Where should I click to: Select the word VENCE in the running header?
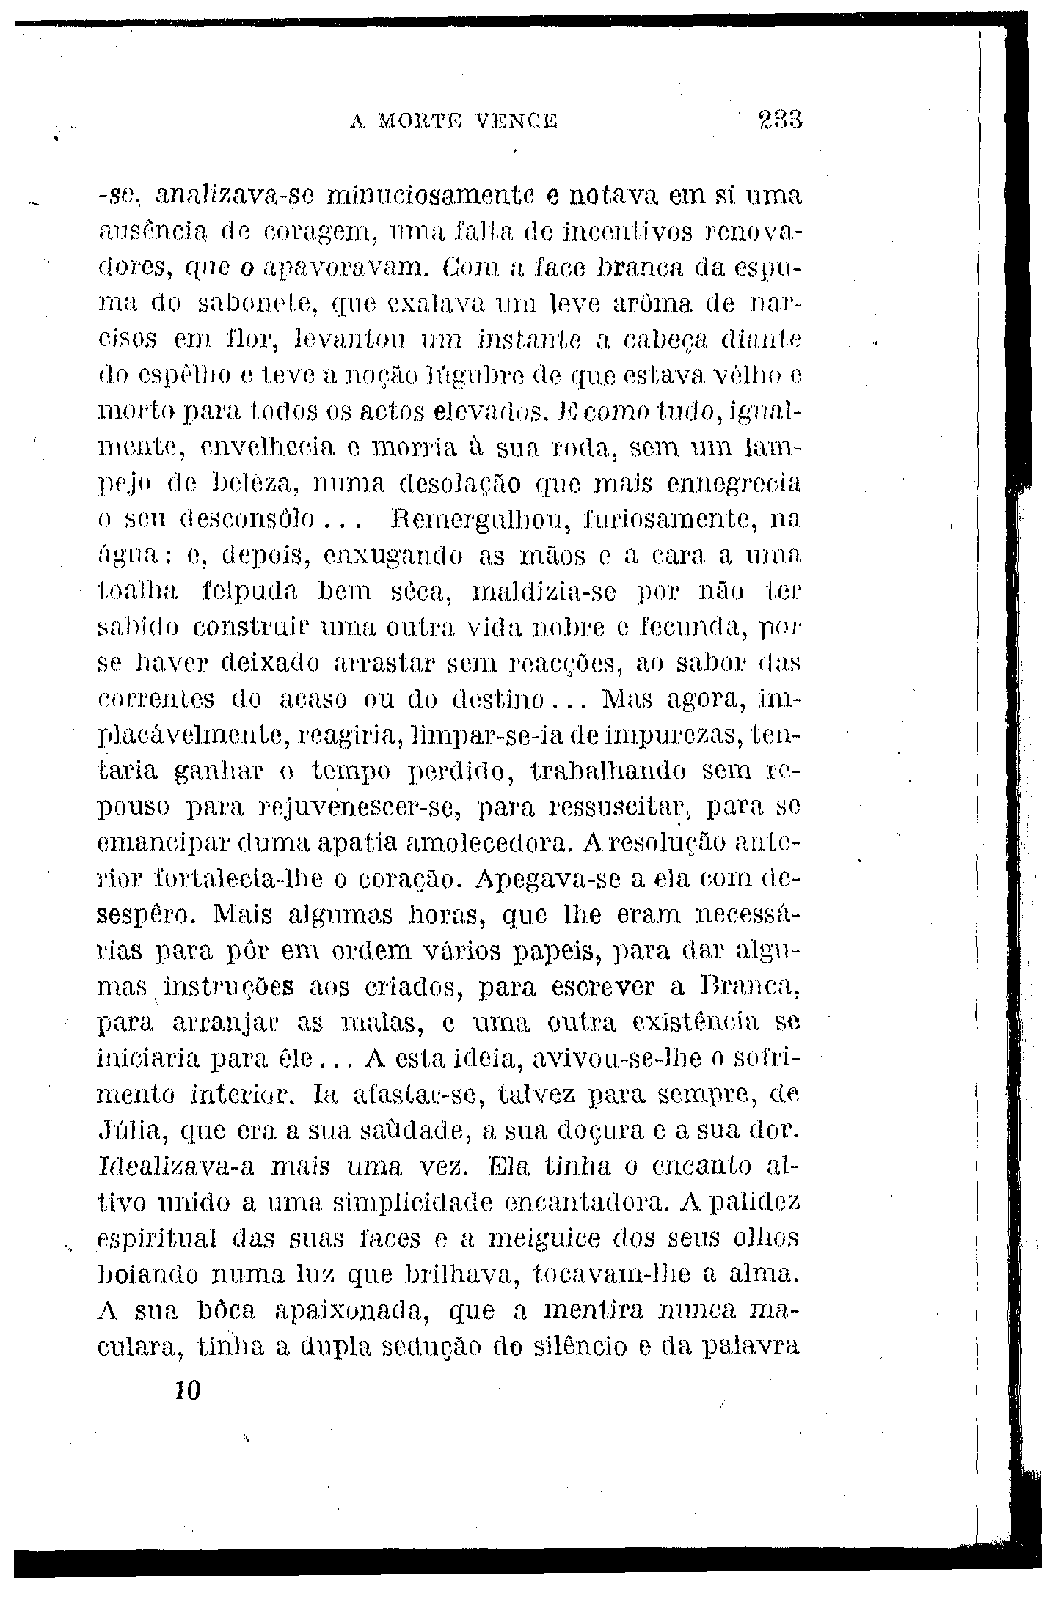[x=517, y=120]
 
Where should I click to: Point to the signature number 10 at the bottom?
[x=188, y=1392]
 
